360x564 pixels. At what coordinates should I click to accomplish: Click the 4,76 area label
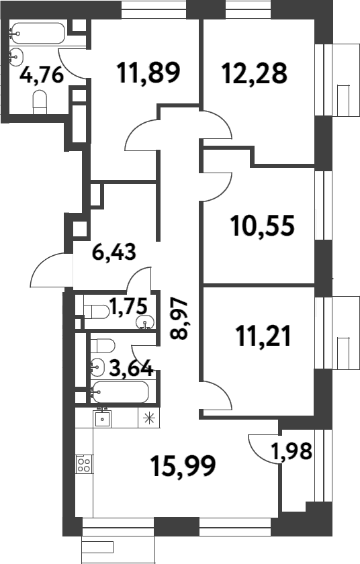point(42,74)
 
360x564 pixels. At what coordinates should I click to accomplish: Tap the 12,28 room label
point(254,72)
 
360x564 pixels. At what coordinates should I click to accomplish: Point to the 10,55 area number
point(262,226)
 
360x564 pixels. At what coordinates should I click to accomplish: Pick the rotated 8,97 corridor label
point(179,320)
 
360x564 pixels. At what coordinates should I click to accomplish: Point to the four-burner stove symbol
point(84,464)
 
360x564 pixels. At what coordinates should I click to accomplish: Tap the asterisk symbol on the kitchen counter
point(148,418)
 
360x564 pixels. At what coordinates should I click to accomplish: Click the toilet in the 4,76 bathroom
point(40,101)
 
